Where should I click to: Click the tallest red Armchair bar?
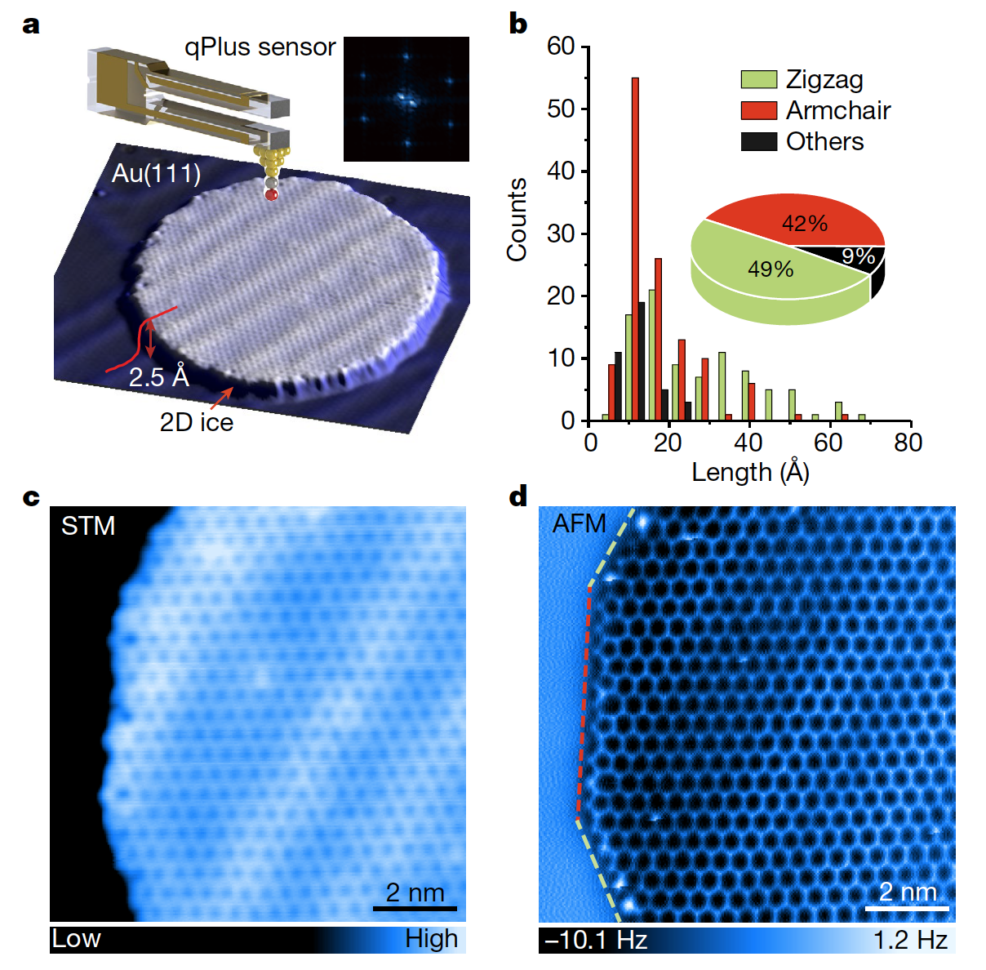(x=635, y=245)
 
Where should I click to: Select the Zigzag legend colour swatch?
(x=758, y=79)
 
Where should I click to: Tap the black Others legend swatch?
(x=758, y=141)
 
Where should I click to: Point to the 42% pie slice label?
(x=805, y=223)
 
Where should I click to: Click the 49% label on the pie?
(x=771, y=269)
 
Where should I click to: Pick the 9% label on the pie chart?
(x=859, y=256)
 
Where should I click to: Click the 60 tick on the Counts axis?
(x=562, y=47)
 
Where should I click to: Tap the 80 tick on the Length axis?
(x=908, y=443)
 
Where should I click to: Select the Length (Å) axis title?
(x=750, y=472)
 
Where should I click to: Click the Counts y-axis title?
(x=517, y=220)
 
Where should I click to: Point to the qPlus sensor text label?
(x=260, y=47)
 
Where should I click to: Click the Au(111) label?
(x=156, y=173)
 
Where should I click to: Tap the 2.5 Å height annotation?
(x=159, y=376)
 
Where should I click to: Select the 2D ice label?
(x=197, y=422)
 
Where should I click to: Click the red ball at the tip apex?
(x=272, y=194)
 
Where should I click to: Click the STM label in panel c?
(x=88, y=526)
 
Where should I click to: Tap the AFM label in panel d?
(x=579, y=523)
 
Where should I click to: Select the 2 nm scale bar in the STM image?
(x=415, y=906)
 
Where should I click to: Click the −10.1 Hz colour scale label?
(x=596, y=940)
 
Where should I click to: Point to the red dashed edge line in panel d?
(x=584, y=702)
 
